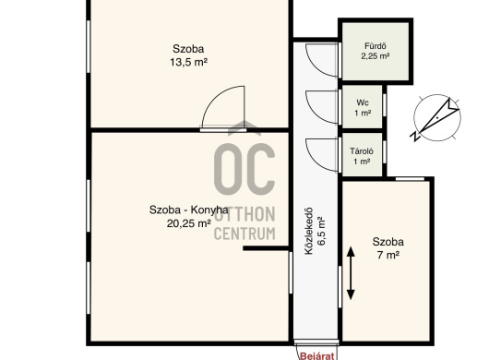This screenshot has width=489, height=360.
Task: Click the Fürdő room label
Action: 376,46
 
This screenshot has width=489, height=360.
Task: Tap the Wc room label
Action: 363,102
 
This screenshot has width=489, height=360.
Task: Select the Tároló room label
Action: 362,151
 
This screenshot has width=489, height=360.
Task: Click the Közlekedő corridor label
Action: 308,231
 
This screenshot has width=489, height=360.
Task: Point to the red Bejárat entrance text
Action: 316,356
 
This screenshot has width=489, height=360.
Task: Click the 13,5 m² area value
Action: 188,63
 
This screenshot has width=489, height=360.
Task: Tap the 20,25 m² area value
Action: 188,223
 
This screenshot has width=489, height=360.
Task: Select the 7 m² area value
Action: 388,255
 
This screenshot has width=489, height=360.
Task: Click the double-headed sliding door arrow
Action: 351,273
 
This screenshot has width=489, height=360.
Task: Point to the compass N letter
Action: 415,137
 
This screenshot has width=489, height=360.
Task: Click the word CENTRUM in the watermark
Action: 244,234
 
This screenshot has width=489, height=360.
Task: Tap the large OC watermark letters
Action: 244,169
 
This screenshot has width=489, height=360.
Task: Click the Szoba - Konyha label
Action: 188,210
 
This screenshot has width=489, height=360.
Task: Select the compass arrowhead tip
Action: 459,109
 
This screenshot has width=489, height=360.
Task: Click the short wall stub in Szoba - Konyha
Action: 266,248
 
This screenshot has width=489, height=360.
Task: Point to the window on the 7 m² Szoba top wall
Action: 410,179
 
